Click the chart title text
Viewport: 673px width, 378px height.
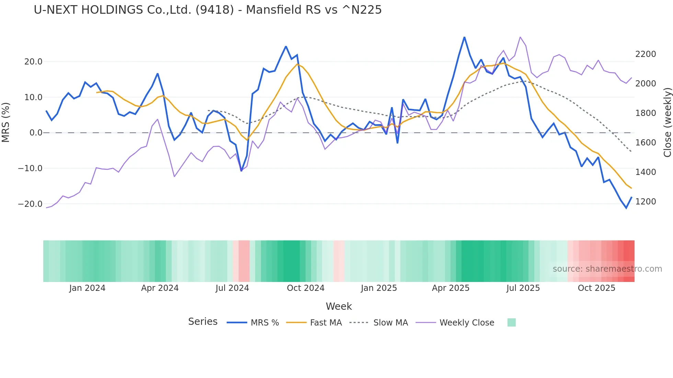click(x=207, y=10)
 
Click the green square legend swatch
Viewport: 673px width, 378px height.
click(x=511, y=322)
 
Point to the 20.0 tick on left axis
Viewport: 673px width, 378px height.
click(x=33, y=62)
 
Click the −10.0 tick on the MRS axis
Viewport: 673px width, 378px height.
click(x=30, y=168)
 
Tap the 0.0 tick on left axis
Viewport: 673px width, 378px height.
click(x=36, y=133)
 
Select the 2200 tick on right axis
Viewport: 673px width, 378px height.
click(x=646, y=54)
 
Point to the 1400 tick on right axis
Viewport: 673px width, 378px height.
click(x=646, y=172)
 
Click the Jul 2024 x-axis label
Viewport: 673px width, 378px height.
click(x=232, y=288)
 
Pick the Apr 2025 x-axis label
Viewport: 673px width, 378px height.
click(x=450, y=288)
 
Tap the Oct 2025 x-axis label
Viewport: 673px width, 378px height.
click(x=596, y=288)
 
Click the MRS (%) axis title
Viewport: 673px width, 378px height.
click(x=6, y=122)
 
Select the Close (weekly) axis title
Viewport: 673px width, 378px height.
click(x=667, y=122)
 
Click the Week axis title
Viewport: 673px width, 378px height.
click(x=339, y=306)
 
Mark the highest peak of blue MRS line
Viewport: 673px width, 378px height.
click(x=464, y=37)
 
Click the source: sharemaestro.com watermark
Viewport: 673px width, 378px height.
click(x=607, y=269)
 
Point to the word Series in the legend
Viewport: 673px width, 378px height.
click(x=203, y=322)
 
